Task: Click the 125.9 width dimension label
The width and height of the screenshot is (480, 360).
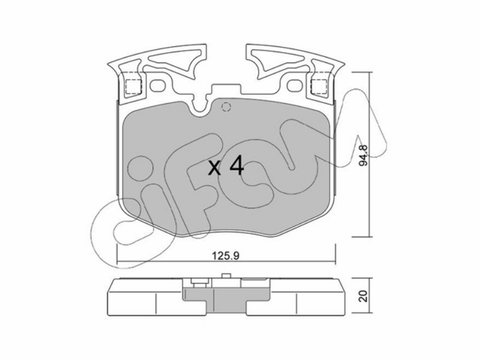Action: [x=226, y=256]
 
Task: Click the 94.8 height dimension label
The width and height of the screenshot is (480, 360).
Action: [x=364, y=155]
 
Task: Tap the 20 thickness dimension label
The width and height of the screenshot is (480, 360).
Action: [x=364, y=296]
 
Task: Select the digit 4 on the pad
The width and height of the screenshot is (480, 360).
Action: [x=236, y=166]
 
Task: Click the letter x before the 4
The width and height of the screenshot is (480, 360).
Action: [x=214, y=169]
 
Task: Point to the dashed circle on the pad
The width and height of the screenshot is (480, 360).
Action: [x=226, y=107]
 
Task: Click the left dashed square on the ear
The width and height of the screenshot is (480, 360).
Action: [x=133, y=86]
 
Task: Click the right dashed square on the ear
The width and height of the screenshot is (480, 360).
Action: [x=319, y=86]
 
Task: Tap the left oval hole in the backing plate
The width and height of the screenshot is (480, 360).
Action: [x=158, y=85]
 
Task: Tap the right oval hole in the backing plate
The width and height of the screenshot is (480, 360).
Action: [x=295, y=85]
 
